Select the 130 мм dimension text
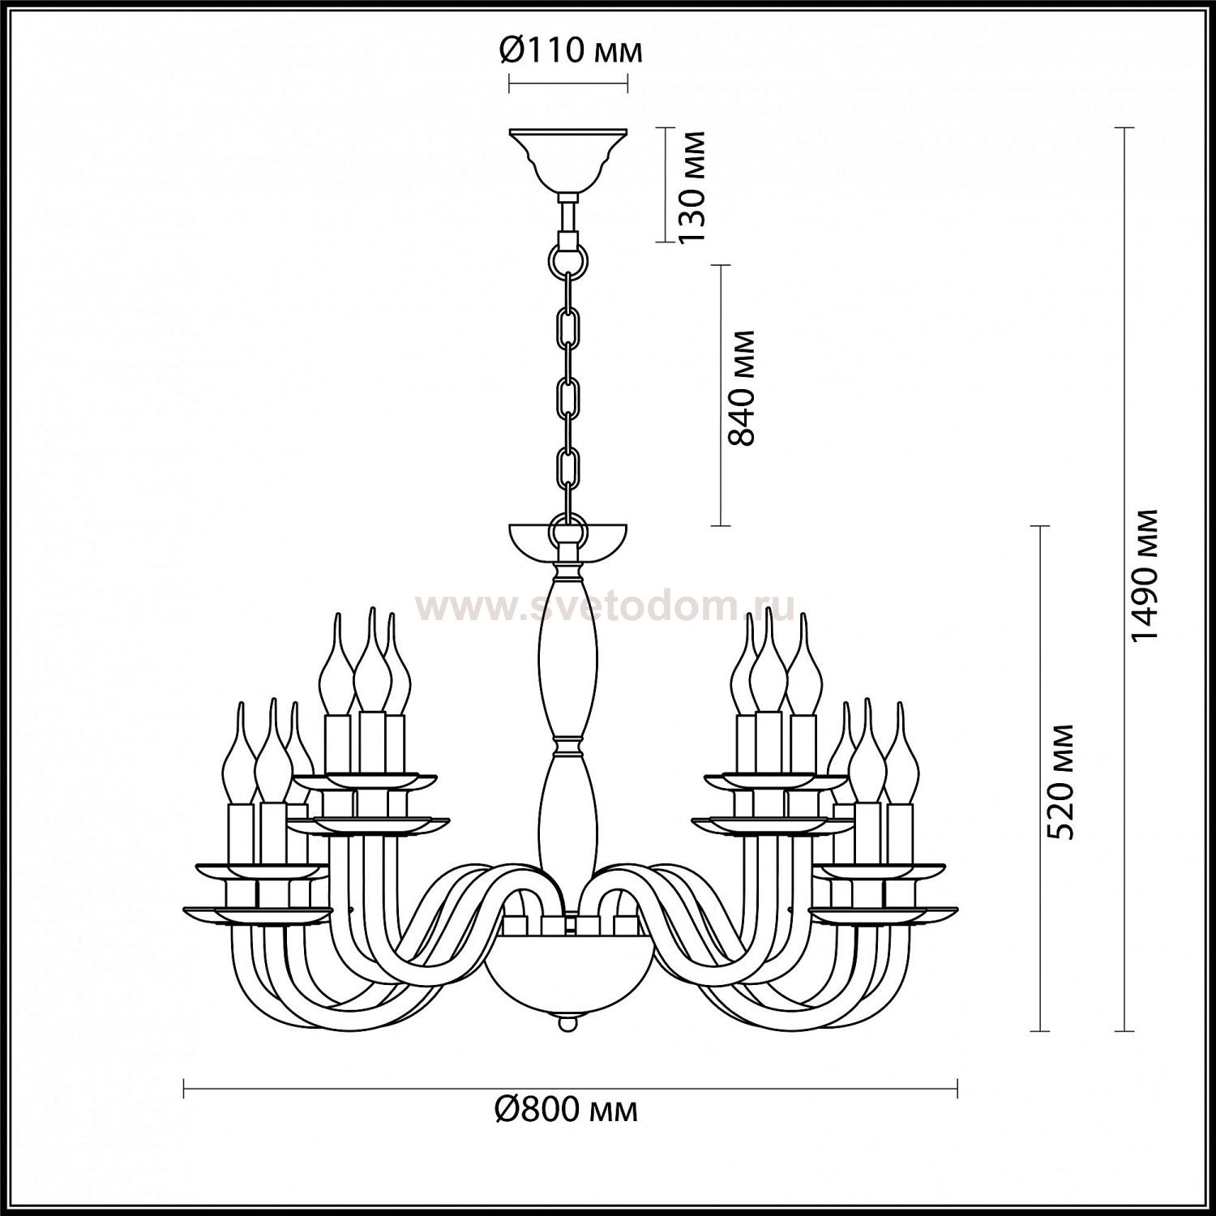pos(691,186)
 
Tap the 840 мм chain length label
pos(741,387)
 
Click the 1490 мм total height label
pos(1146,576)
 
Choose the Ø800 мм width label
pos(567,1109)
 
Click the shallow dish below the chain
pos(567,544)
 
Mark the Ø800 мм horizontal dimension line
pos(571,1087)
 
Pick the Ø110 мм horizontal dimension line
pos(567,83)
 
